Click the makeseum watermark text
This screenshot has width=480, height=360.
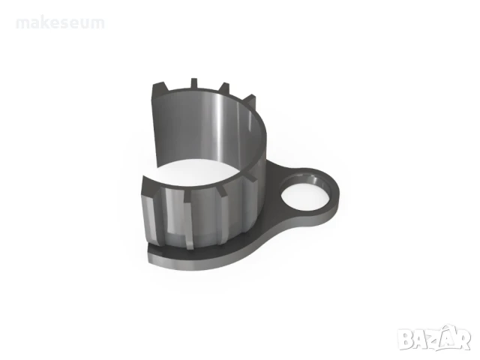coord(60,23)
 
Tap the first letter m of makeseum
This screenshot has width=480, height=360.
coord(22,24)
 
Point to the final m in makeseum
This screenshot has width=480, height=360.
coord(98,24)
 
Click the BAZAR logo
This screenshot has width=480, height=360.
coord(435,337)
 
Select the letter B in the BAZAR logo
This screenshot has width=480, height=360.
coord(406,339)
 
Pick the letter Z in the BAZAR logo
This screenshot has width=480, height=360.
coord(435,339)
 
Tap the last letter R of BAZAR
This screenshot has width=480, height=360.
coord(463,339)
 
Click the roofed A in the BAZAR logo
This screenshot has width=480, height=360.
coord(449,337)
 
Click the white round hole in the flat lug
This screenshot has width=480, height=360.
coord(304,196)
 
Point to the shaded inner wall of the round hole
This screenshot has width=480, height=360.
coord(318,181)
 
